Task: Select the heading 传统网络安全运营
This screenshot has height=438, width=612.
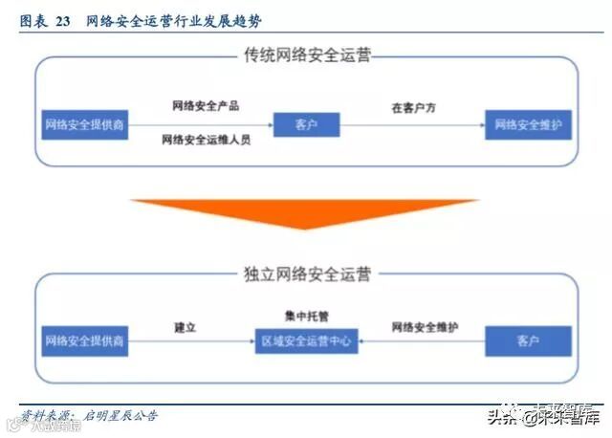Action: pos(306,55)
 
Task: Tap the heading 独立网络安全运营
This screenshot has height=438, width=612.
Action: pos(306,274)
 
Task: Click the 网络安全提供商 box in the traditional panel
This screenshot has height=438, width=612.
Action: pos(84,125)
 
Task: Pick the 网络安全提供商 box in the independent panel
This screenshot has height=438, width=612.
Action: pos(84,339)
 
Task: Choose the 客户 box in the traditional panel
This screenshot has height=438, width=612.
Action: pos(306,125)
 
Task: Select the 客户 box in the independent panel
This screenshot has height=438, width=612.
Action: pos(528,339)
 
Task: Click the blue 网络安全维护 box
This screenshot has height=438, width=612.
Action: pos(528,125)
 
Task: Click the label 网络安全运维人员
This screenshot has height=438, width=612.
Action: pos(206,140)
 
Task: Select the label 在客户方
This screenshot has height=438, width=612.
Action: pos(413,109)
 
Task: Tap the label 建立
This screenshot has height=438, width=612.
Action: pos(186,327)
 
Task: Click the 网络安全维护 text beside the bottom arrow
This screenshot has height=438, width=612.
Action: pos(425,327)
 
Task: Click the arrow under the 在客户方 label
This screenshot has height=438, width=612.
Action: pos(412,125)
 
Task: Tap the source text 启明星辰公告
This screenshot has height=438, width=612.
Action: pos(120,416)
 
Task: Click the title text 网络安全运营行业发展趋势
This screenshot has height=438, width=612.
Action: pos(172,19)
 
